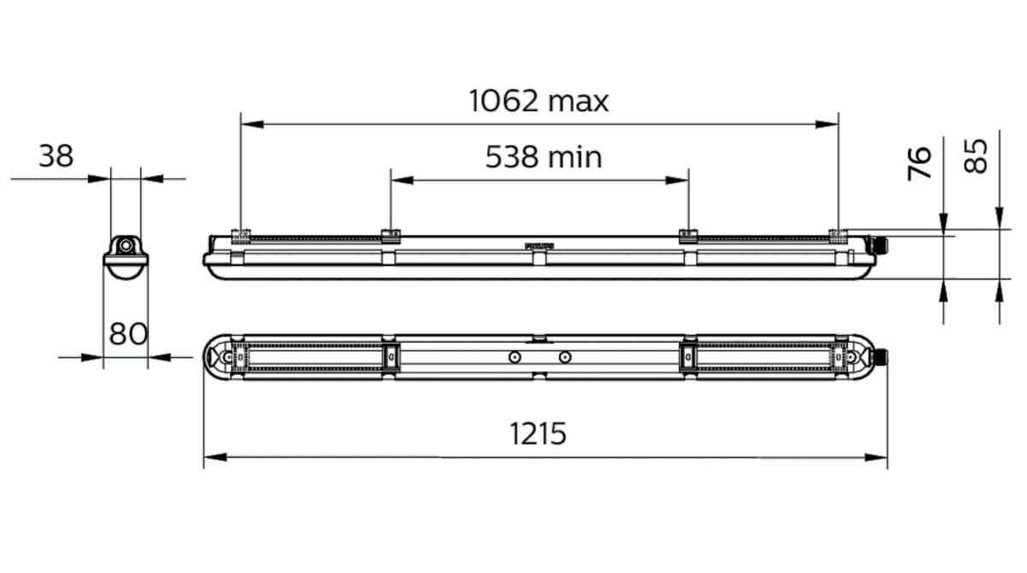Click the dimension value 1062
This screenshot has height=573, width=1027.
point(504,101)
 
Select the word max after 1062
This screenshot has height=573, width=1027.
point(579,101)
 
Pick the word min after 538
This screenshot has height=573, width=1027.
point(577,157)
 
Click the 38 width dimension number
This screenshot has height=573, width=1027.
point(56,156)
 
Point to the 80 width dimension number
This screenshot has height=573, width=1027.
point(128,333)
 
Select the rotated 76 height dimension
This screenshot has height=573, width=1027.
point(919,162)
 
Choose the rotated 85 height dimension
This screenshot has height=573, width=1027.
point(977,156)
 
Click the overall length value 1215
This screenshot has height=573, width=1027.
point(538,434)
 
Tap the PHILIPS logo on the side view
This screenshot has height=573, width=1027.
point(539,245)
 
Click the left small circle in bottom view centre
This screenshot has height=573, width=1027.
point(513,356)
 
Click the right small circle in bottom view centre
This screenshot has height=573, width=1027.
point(564,356)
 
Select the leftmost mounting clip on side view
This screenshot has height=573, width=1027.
point(241,232)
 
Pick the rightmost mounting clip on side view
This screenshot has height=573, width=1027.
point(838,232)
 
